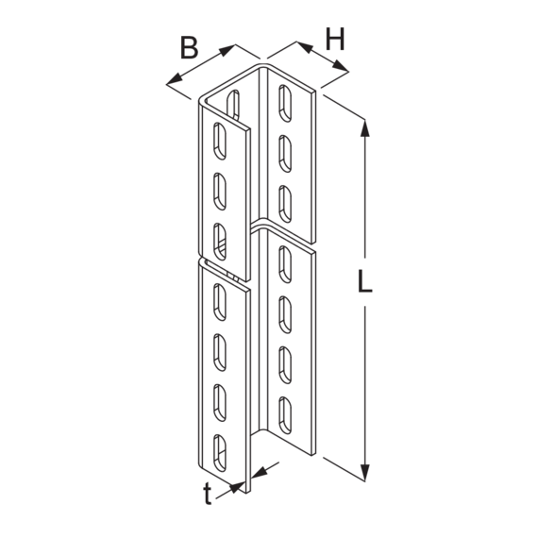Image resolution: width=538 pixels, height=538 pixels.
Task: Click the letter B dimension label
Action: [189, 47]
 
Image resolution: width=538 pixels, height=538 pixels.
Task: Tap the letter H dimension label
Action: [334, 39]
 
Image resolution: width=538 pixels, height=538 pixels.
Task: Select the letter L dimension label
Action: [364, 281]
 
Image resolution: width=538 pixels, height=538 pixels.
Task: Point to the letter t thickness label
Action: [207, 494]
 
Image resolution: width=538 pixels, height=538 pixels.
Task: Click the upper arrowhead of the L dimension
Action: [365, 128]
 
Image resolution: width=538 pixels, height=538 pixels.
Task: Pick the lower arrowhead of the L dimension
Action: [365, 472]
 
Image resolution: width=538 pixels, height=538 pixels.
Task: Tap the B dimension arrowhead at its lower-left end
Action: [175, 79]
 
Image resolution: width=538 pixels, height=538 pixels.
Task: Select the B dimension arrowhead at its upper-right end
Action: [227, 49]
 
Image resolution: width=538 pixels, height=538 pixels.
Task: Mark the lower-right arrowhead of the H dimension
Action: [341, 67]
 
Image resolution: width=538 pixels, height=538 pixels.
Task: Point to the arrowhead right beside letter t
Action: [238, 487]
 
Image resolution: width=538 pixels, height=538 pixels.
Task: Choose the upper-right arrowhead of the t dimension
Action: [260, 472]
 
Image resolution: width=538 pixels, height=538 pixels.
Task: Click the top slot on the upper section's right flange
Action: [285, 103]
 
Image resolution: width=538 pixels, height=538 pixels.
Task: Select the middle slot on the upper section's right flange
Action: [285, 153]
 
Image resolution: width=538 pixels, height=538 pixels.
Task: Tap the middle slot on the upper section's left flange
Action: [220, 191]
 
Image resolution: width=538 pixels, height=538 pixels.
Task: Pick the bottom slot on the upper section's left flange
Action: [220, 242]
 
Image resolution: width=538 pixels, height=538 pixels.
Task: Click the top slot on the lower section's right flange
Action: [285, 264]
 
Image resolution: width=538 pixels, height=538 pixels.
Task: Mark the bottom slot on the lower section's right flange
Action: [285, 415]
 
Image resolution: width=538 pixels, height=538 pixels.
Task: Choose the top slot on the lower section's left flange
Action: [220, 302]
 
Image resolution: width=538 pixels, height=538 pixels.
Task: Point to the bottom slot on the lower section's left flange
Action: [220, 453]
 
